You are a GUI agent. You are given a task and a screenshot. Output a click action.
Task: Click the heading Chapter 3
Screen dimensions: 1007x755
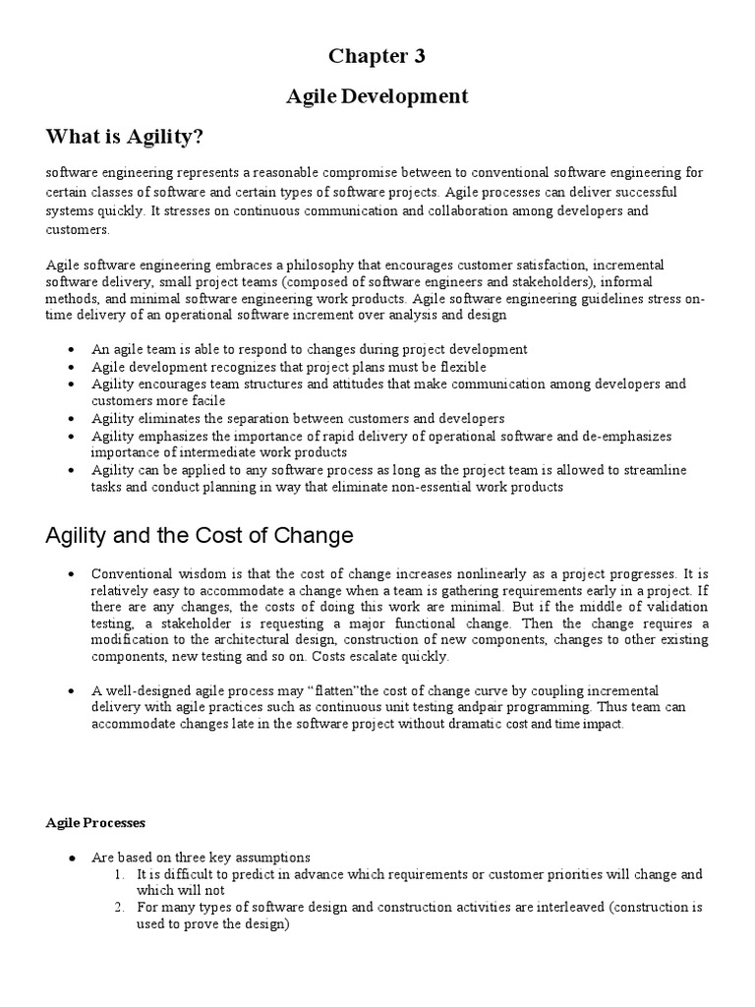[377, 56]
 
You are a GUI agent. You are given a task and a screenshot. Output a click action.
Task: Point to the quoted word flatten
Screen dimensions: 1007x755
[311, 691]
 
